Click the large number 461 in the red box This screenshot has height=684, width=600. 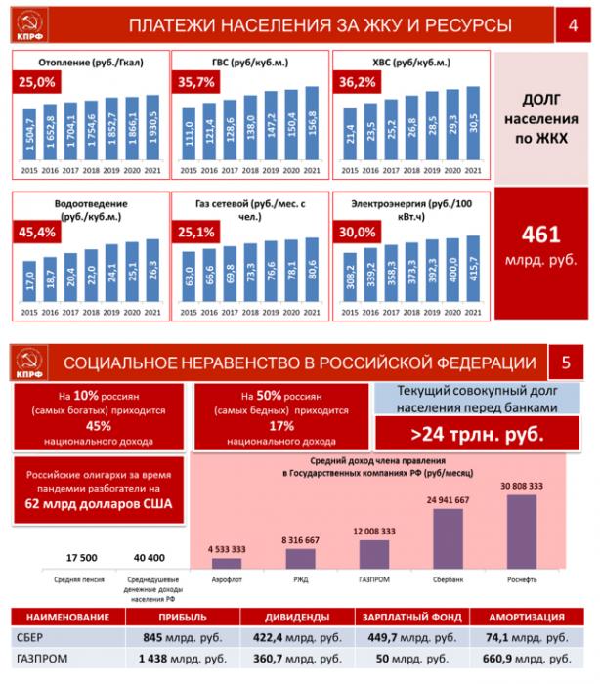[541, 235]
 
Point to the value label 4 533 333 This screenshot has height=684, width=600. [227, 549]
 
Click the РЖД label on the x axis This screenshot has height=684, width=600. [300, 578]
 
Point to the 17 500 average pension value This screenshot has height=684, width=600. [81, 557]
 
